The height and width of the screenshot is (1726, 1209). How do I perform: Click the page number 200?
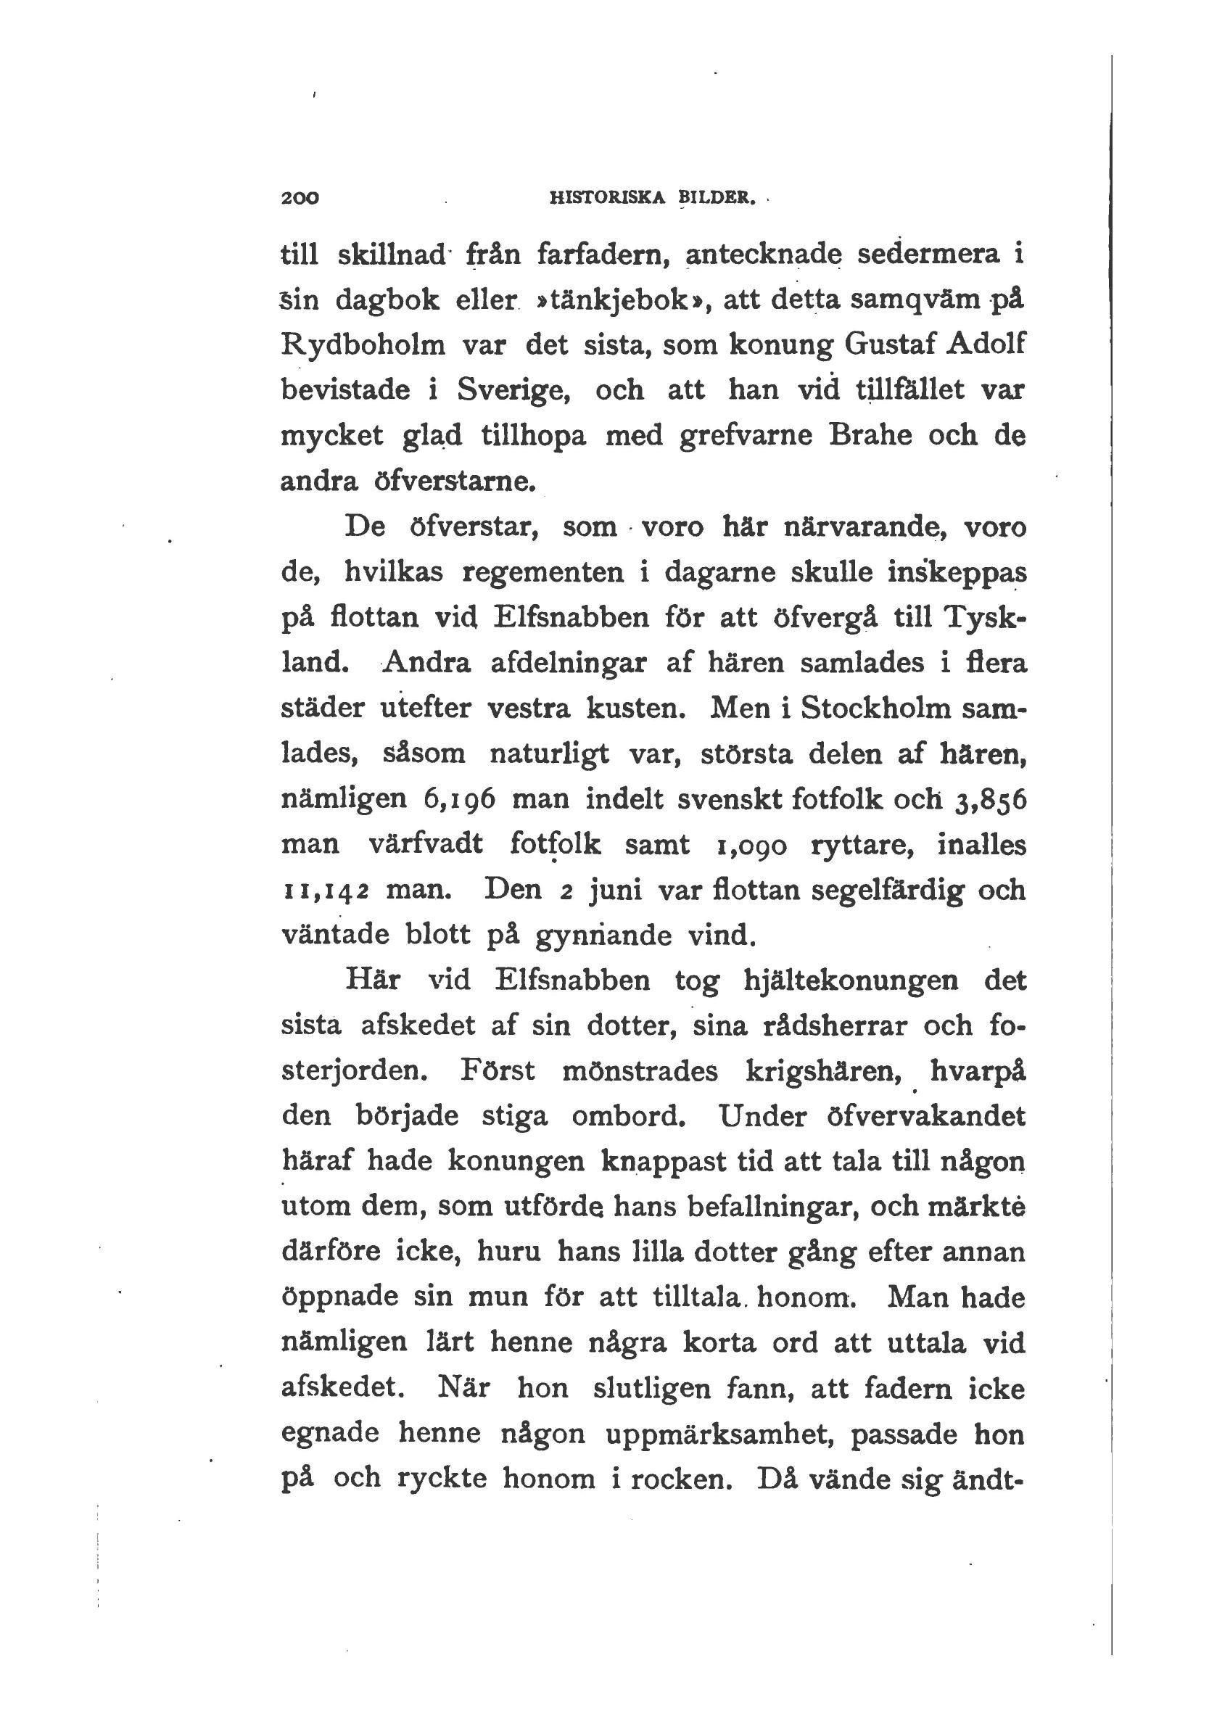(x=300, y=199)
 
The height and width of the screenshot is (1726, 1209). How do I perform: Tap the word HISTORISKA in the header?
(x=608, y=199)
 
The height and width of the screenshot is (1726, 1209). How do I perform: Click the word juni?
(x=615, y=891)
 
